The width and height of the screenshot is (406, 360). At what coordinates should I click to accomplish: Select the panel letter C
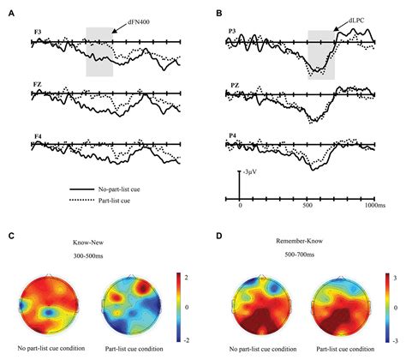point(11,234)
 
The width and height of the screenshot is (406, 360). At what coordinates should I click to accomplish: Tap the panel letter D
point(218,234)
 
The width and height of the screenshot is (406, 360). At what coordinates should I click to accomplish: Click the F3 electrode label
point(38,32)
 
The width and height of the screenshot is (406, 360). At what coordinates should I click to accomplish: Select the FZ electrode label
point(38,85)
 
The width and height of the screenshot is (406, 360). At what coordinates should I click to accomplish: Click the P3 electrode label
point(232,32)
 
